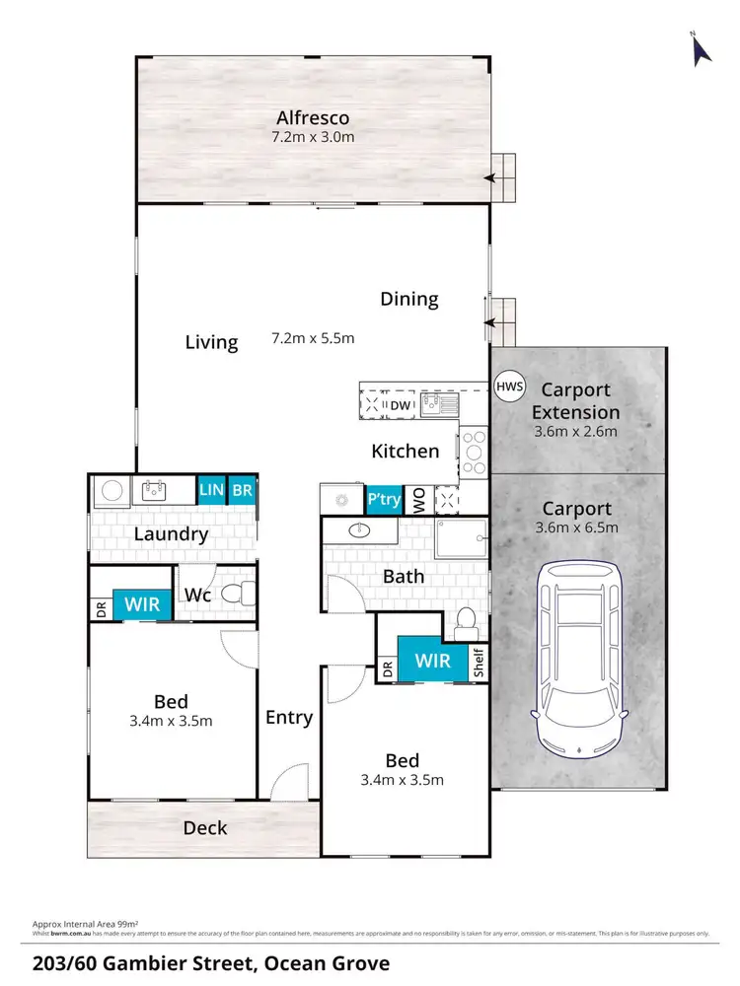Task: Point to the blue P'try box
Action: pyautogui.click(x=384, y=499)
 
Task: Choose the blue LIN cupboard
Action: pyautogui.click(x=211, y=489)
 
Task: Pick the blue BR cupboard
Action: pyautogui.click(x=242, y=489)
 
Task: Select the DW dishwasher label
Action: pyautogui.click(x=400, y=404)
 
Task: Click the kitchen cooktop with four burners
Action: pyautogui.click(x=473, y=452)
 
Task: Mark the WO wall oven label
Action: pyautogui.click(x=418, y=500)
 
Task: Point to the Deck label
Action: pyautogui.click(x=205, y=828)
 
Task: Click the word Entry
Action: pyautogui.click(x=289, y=717)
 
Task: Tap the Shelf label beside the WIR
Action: pyautogui.click(x=479, y=663)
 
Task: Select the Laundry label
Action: pyautogui.click(x=172, y=534)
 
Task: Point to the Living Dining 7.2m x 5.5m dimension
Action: pyautogui.click(x=313, y=339)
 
